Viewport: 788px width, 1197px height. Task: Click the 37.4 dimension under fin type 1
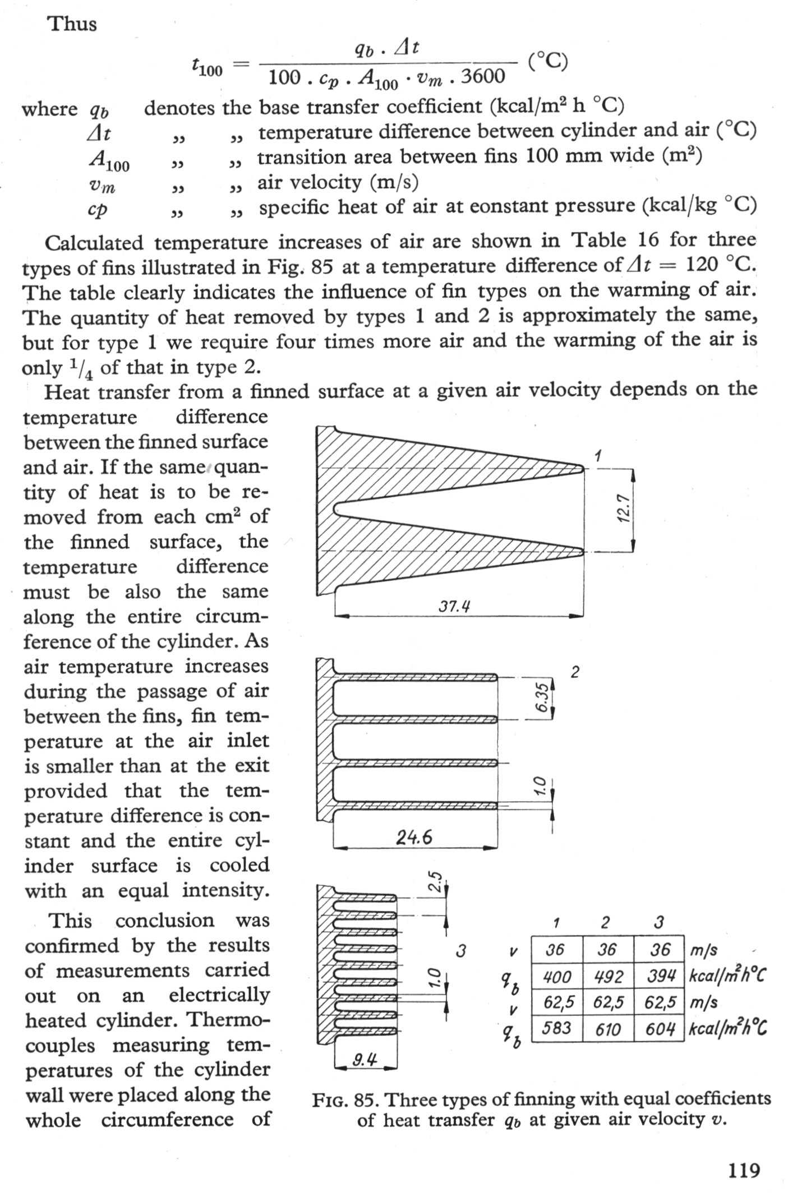pyautogui.click(x=454, y=606)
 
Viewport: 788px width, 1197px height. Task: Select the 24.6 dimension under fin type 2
pyautogui.click(x=414, y=837)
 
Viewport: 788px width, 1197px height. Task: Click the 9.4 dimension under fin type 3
pyautogui.click(x=365, y=1059)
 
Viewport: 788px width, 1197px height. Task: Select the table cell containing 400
pyautogui.click(x=557, y=977)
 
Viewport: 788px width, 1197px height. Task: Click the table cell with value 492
pyautogui.click(x=608, y=977)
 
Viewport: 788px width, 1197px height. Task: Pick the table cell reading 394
pyautogui.click(x=660, y=976)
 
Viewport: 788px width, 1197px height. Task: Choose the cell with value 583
pyautogui.click(x=557, y=1028)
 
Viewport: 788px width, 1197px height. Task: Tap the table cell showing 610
pyautogui.click(x=608, y=1028)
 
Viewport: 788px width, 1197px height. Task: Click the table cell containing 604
pyautogui.click(x=660, y=1028)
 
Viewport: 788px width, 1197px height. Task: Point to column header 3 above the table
pyautogui.click(x=660, y=922)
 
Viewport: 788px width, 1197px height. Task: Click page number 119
pyautogui.click(x=744, y=1171)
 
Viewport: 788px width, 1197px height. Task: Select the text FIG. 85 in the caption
pyautogui.click(x=343, y=1099)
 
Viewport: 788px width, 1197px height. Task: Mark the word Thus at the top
pyautogui.click(x=72, y=24)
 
